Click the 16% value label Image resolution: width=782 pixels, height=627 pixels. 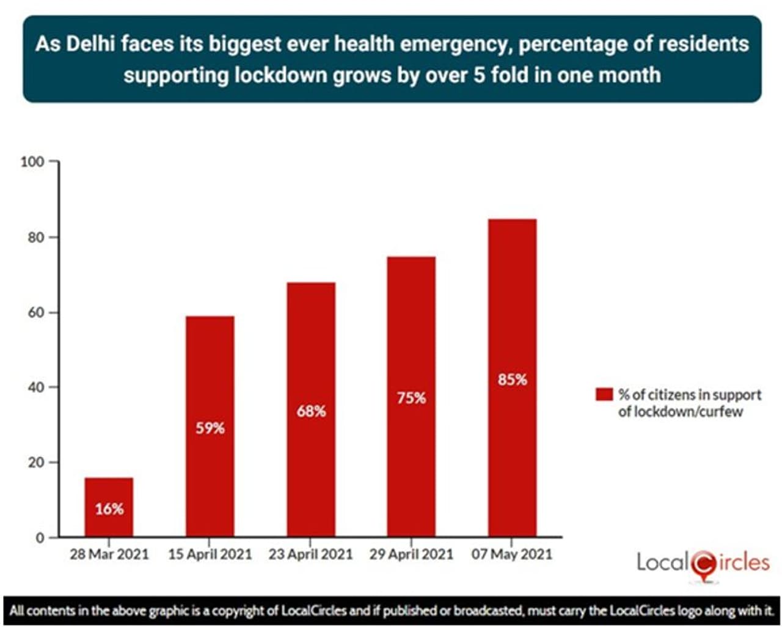tap(109, 508)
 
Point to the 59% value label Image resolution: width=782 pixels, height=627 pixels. tap(210, 428)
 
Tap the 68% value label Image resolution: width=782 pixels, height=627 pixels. tap(311, 411)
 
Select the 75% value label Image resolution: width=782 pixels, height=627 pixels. tap(411, 398)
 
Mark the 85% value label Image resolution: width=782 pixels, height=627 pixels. tap(512, 380)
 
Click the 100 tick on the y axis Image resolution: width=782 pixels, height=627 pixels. tap(32, 162)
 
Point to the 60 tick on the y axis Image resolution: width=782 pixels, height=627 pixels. tap(36, 312)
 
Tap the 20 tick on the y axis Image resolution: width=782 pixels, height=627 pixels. tap(36, 463)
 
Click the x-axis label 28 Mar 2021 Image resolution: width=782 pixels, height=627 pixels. tap(109, 554)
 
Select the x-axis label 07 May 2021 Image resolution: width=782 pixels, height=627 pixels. tap(512, 554)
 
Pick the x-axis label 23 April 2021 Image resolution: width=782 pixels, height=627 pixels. tap(311, 554)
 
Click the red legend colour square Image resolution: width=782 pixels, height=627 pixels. tap(604, 394)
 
